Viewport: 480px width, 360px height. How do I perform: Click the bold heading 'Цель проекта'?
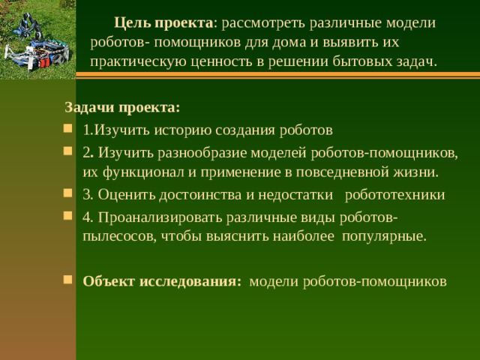coord(163,23)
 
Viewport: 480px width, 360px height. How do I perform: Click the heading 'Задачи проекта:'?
coord(122,106)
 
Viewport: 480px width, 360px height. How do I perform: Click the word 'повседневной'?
coord(328,172)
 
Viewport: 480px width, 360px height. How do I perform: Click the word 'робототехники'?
coord(400,195)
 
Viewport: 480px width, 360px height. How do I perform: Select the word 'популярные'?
coord(383,237)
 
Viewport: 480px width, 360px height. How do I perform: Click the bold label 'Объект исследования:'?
coord(162,281)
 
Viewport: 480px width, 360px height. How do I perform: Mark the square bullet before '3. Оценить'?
coord(68,195)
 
